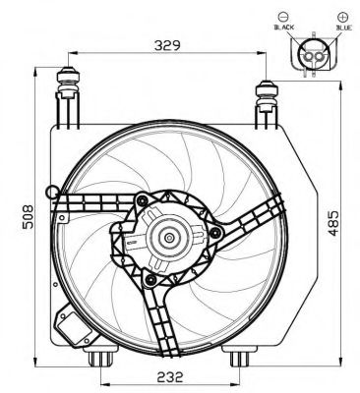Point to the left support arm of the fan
click(89, 206)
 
